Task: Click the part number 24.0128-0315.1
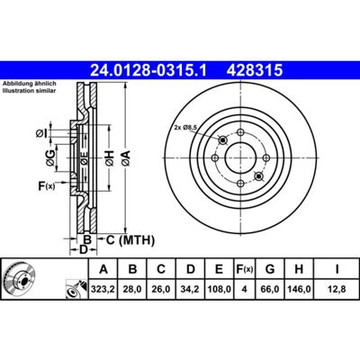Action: [x=148, y=71]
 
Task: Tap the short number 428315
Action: [x=255, y=71]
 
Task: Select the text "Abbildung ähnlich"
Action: [x=30, y=85]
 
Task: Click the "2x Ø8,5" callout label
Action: [x=185, y=128]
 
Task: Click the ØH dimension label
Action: [x=110, y=158]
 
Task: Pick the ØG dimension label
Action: [x=50, y=158]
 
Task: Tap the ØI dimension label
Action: [x=41, y=134]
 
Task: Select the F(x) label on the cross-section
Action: [x=47, y=186]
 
